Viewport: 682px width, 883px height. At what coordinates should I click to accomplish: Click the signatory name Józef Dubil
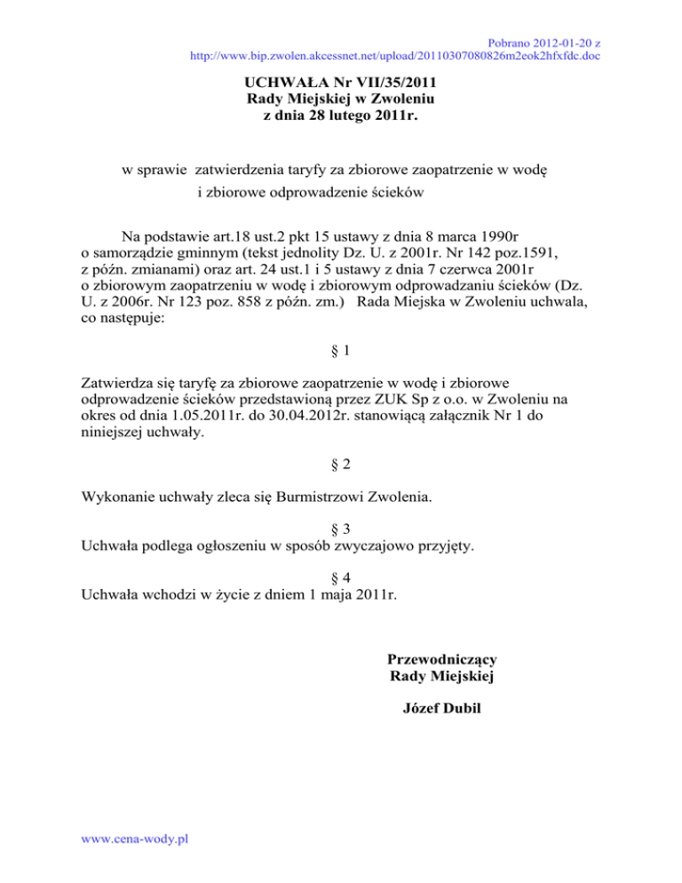441,710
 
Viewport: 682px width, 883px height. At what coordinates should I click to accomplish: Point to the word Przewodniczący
441,659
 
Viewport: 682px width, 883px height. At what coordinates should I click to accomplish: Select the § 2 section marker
341,464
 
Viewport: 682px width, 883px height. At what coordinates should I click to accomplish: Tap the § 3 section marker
341,527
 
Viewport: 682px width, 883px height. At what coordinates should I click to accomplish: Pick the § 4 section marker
341,576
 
